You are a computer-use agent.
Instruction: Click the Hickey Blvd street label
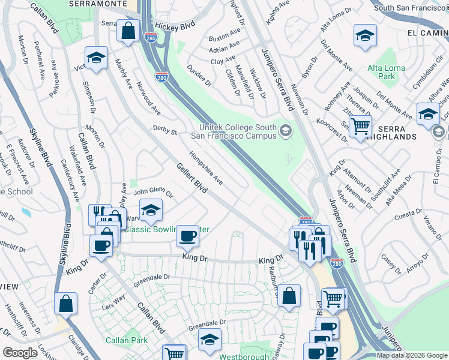(175, 26)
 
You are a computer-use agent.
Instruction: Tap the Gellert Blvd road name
(192, 179)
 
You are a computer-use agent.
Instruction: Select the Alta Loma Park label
(382, 73)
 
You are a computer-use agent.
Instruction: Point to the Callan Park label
(122, 340)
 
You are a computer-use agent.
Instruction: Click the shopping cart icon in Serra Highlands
(360, 127)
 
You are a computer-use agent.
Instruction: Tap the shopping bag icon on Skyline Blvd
(65, 304)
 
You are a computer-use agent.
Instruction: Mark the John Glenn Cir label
(153, 193)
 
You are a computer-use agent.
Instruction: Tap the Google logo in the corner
(20, 353)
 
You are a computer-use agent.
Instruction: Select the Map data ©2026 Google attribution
(412, 355)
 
